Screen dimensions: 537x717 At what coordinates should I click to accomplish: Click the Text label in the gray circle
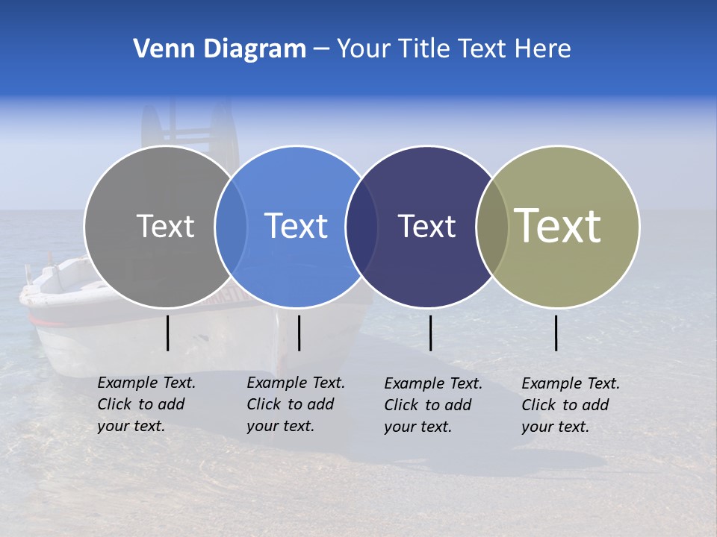(165, 226)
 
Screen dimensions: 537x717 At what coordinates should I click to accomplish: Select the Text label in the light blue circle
(296, 226)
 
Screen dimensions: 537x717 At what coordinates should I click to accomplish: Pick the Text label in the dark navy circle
(426, 226)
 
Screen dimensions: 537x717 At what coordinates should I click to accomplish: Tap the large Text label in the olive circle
(558, 226)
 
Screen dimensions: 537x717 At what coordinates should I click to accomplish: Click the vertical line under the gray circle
(168, 333)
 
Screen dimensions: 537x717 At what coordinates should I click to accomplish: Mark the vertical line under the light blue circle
(299, 333)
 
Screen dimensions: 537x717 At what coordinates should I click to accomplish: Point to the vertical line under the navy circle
(430, 333)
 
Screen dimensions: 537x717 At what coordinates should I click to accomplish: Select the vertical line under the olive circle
(556, 333)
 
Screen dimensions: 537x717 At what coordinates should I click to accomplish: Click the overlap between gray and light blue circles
(231, 227)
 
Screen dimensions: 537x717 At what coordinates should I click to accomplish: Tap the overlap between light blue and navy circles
(361, 227)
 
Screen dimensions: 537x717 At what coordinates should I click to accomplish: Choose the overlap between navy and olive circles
(492, 227)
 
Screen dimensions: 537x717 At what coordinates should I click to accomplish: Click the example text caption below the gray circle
(146, 404)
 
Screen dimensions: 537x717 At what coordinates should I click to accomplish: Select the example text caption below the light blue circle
(295, 404)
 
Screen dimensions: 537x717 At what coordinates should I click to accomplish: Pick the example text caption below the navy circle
(432, 405)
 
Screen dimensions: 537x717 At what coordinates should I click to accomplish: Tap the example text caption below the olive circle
(570, 405)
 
